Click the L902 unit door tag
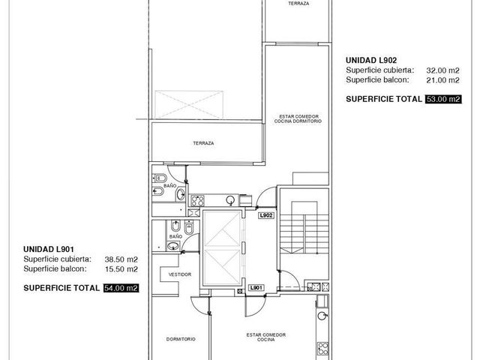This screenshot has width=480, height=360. click(x=266, y=215)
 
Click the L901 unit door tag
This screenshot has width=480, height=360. click(x=256, y=288)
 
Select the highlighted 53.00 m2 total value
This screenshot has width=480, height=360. click(x=443, y=99)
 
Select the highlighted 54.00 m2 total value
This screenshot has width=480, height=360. click(x=121, y=288)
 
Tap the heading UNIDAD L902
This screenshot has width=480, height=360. click(x=371, y=60)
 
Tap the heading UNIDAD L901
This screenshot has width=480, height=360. click(x=49, y=249)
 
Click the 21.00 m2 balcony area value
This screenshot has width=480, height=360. click(x=442, y=80)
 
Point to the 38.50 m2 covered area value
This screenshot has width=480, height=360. click(x=121, y=259)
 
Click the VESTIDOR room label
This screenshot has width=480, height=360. click(x=180, y=274)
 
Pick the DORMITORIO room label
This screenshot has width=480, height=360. click(x=181, y=339)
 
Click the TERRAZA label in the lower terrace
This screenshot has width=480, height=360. click(x=203, y=143)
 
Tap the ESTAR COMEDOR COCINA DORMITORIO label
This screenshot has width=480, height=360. click(x=298, y=118)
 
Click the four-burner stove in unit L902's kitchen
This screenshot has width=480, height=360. click(x=197, y=201)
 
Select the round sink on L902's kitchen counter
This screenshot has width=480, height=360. click(x=230, y=200)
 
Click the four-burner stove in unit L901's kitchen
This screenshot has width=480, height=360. click(x=322, y=349)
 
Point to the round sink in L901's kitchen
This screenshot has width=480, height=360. click(x=322, y=316)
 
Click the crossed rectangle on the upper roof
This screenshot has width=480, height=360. click(x=189, y=104)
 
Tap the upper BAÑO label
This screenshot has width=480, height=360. click(x=170, y=185)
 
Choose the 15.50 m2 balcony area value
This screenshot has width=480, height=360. click(x=121, y=269)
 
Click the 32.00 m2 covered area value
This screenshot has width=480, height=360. click(x=442, y=70)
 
